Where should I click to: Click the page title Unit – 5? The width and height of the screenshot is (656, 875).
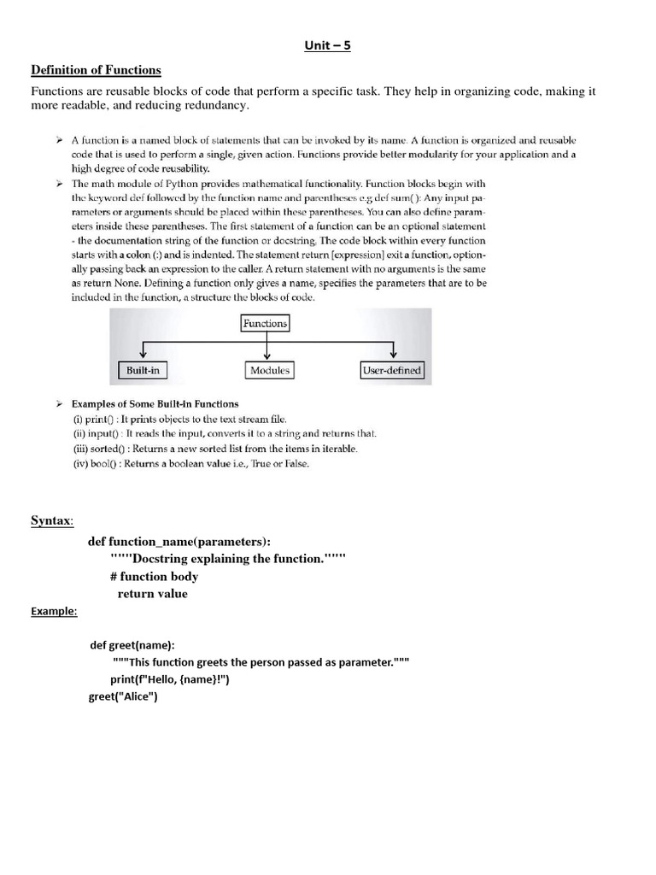[x=327, y=46]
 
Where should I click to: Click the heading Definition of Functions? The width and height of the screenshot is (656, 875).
[x=96, y=70]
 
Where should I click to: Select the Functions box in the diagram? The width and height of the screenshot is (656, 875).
[x=266, y=323]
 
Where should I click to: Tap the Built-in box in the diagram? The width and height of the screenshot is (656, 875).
[x=143, y=371]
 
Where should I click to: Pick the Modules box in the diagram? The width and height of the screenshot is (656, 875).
[x=269, y=371]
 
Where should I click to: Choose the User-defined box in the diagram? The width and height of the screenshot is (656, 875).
[x=392, y=371]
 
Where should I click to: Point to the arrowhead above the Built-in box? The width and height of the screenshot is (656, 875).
[x=143, y=355]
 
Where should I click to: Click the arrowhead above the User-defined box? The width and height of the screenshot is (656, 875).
[x=392, y=355]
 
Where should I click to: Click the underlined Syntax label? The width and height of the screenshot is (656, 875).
[x=51, y=520]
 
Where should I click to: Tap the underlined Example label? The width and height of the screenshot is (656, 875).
[x=54, y=611]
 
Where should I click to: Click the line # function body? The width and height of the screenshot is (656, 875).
[x=154, y=577]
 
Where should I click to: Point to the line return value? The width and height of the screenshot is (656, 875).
[x=153, y=594]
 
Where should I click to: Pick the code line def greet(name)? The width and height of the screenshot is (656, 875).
[x=138, y=646]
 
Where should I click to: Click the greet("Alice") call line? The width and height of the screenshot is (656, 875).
[x=123, y=696]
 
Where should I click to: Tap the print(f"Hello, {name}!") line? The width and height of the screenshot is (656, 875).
[x=170, y=679]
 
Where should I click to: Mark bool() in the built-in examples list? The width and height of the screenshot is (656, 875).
[x=100, y=464]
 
